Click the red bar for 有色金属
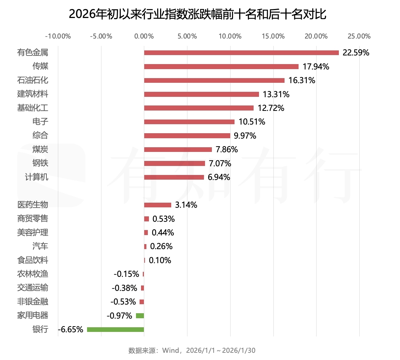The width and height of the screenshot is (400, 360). tap(241, 53)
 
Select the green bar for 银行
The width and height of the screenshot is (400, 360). tap(115, 329)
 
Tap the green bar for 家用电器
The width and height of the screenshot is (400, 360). tap(140, 316)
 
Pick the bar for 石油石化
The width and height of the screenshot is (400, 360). tap(214, 81)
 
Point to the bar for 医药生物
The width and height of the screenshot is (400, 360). tap(158, 205)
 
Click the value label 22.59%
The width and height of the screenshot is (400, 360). tap(356, 53)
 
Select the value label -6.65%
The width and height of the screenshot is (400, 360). tap(71, 329)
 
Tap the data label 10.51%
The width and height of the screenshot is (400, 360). tap(252, 122)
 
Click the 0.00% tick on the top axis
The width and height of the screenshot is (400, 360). tap(144, 36)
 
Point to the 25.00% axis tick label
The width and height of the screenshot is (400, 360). tap(359, 36)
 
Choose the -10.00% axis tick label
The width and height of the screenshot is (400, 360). tap(58, 36)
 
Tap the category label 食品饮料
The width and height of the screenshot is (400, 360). tap(33, 260)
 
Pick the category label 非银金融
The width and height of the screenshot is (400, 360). tap(33, 302)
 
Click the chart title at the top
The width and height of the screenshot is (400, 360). tap(197, 15)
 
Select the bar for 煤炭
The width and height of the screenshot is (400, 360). tap(178, 150)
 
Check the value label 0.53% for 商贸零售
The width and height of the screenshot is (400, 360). tap(164, 219)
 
